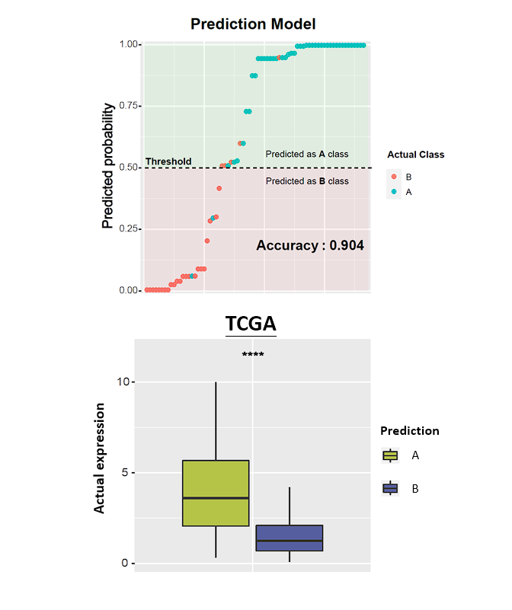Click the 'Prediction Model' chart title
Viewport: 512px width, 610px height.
pos(253,24)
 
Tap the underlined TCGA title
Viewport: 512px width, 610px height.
pos(251,324)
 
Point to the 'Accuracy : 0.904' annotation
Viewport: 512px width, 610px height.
pos(310,245)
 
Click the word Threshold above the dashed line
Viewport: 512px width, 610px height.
pos(168,161)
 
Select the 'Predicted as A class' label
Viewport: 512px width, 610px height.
pos(307,154)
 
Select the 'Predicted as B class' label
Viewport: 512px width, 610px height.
pos(307,181)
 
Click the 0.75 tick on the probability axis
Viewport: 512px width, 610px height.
pos(128,106)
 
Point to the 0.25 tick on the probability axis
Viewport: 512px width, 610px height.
pos(128,228)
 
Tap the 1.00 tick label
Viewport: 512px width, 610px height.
pos(128,44)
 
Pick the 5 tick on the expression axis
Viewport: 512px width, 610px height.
pos(125,473)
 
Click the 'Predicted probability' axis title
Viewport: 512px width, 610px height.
pos(108,166)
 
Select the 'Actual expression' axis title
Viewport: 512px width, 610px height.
pos(99,458)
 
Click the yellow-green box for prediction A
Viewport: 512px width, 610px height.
pos(216,493)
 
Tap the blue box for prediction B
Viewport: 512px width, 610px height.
pos(290,538)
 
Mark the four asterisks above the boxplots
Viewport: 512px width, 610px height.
pos(253,354)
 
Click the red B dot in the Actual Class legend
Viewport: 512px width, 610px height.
pos(394,177)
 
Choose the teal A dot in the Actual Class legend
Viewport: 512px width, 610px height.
pos(394,191)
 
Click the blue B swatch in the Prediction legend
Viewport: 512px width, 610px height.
pos(390,488)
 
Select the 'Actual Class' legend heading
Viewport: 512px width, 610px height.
pos(416,155)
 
